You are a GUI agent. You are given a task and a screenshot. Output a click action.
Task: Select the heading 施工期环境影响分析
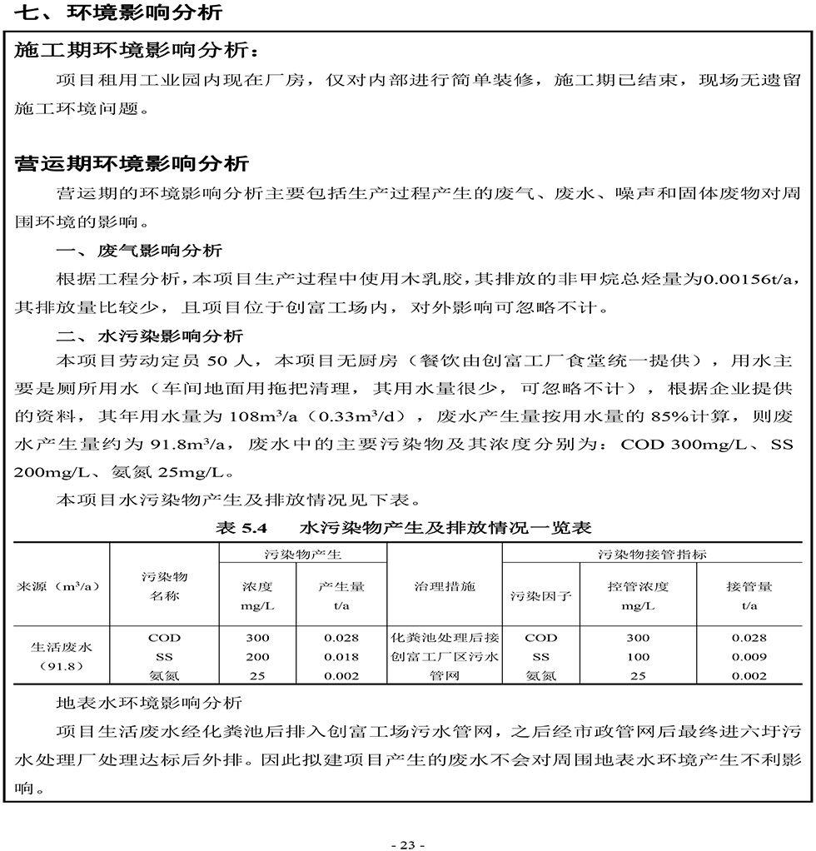tap(132, 50)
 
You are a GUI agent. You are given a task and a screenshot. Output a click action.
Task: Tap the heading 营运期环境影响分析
tap(132, 162)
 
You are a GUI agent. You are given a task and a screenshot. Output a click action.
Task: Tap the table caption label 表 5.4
tap(240, 528)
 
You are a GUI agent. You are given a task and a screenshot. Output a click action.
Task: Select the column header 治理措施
tap(445, 586)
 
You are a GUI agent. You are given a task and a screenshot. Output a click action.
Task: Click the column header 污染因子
tap(541, 595)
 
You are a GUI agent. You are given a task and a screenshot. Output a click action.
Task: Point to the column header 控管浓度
tap(638, 586)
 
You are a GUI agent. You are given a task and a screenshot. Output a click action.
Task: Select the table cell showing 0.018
tap(341, 657)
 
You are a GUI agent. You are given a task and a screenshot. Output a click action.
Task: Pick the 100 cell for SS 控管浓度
tap(638, 657)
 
